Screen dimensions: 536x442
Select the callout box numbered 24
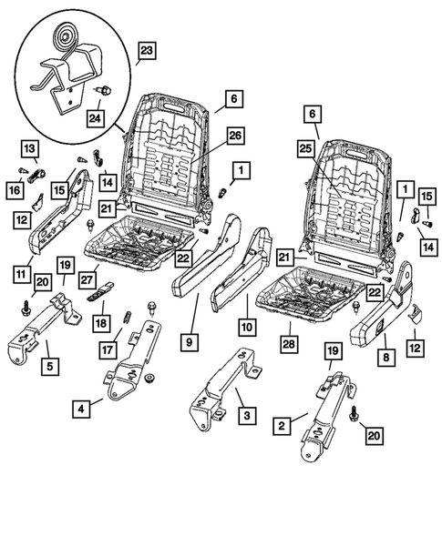96,117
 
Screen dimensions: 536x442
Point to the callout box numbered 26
234,137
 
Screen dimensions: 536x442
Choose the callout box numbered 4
83,410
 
